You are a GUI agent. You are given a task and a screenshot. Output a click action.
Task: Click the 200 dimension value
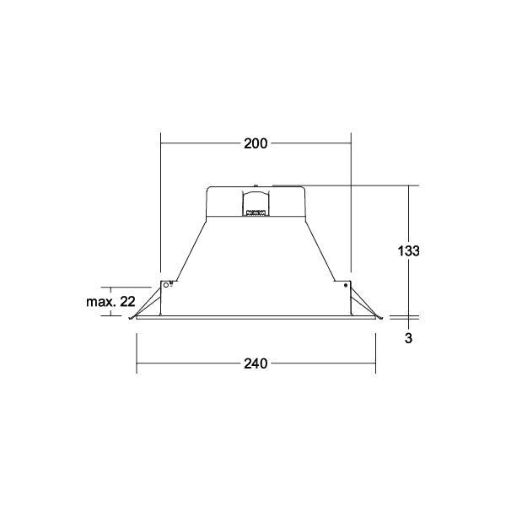coord(256,143)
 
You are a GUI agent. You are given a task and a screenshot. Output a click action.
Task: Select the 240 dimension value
coord(256,363)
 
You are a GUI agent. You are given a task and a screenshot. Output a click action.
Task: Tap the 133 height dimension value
coord(408,250)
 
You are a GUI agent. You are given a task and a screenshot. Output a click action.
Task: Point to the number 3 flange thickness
coord(408,338)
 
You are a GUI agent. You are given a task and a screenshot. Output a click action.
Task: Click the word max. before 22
coord(100,302)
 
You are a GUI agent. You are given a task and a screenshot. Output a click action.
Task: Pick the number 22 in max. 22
coord(127,302)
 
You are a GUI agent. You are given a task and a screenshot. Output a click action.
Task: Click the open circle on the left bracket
coord(166,285)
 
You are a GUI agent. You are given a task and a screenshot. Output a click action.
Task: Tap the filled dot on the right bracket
coord(346,285)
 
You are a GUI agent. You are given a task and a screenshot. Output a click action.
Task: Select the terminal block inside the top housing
coord(256,213)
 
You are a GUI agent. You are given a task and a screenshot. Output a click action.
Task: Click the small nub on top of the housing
coord(256,186)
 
